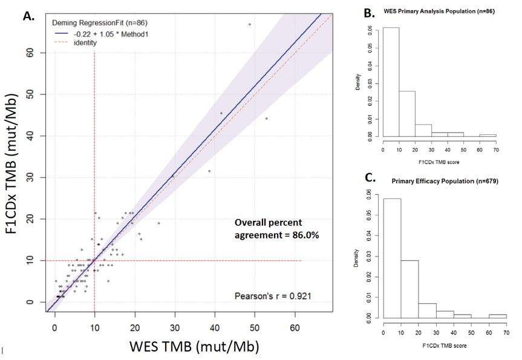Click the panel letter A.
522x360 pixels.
[28, 16]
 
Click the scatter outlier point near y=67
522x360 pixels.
[249, 24]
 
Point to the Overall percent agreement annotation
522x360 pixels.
[275, 227]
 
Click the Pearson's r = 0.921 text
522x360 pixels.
[276, 295]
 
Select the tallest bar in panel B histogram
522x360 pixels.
[391, 82]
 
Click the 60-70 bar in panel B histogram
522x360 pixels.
[488, 136]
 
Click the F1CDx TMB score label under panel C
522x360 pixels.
[439, 345]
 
